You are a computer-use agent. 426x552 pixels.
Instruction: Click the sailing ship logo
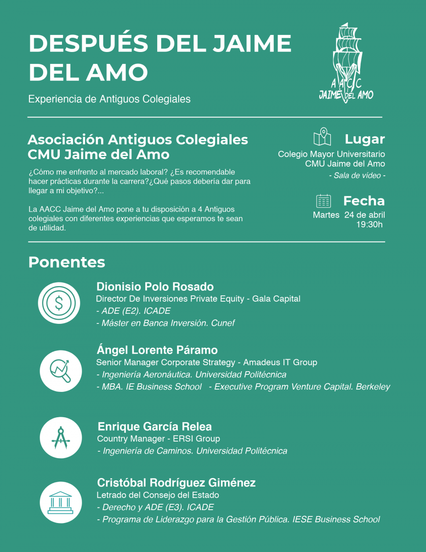click(x=346, y=62)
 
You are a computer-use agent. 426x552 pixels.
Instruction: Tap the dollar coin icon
click(x=59, y=303)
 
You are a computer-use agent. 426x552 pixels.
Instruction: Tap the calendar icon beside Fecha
click(x=324, y=201)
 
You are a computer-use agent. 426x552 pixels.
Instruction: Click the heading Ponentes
click(x=67, y=262)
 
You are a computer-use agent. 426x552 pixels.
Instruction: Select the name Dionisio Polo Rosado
click(x=155, y=287)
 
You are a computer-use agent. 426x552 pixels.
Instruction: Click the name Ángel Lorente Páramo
click(x=157, y=350)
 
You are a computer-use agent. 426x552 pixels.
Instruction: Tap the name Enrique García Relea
click(x=154, y=426)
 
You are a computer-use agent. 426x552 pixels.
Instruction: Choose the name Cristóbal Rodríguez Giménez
click(x=176, y=483)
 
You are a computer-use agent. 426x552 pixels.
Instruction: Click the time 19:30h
click(x=369, y=224)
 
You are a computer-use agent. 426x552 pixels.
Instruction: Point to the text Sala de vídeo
click(x=357, y=175)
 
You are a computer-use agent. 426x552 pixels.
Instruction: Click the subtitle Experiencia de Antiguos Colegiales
click(x=109, y=99)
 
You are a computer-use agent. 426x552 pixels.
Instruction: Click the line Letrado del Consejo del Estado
click(x=158, y=495)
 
